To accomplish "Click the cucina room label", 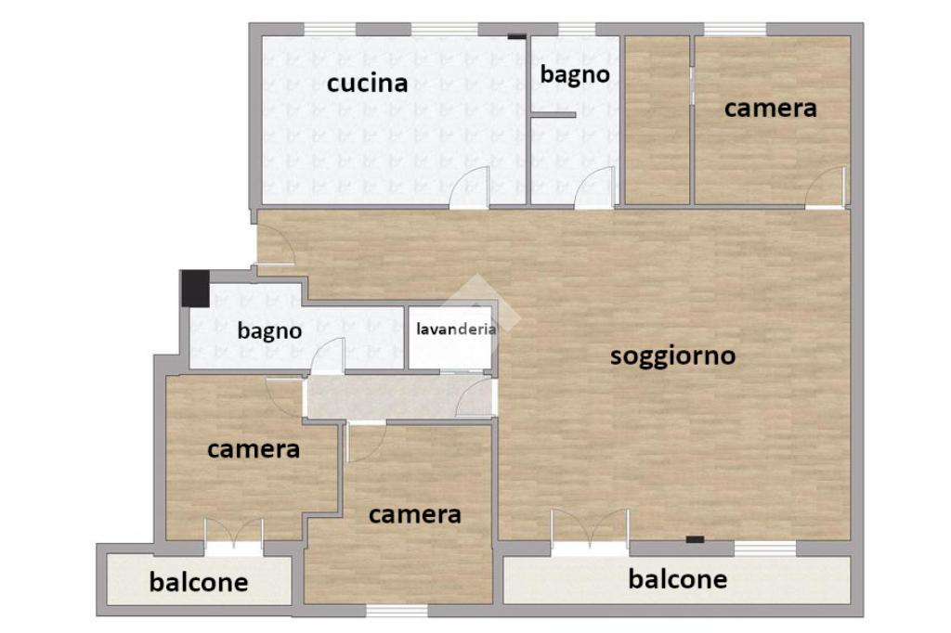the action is point(367,83).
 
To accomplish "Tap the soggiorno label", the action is point(672,355).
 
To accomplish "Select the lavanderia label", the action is point(456,329).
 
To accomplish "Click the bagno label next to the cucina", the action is point(575,75).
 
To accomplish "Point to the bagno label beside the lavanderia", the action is point(269,331).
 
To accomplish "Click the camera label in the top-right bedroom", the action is point(770,109).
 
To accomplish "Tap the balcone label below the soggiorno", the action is point(677,579).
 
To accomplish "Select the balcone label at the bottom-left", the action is point(199,582).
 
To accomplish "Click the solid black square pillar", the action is point(195,288).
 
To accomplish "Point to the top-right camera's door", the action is point(826,187).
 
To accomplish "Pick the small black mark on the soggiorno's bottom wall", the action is point(695,539).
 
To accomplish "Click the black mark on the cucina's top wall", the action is point(516,36).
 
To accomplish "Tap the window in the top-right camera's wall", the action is point(736,29).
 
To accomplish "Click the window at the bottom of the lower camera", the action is point(397,610).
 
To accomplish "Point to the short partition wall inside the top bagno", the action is point(552,114).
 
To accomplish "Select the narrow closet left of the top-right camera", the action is point(658,120).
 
